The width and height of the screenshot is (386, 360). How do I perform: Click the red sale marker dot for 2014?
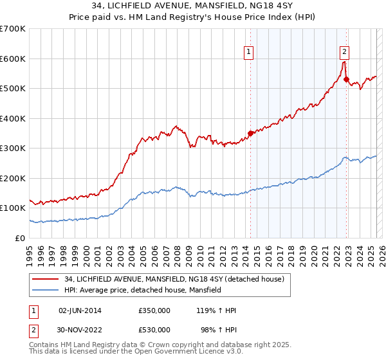[250, 133]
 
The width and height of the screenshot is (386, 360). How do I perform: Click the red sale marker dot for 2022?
[347, 80]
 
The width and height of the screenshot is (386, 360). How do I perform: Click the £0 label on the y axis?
[21, 238]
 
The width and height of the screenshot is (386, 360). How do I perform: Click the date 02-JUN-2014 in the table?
[80, 310]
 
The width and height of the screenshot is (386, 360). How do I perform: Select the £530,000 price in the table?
[154, 330]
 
